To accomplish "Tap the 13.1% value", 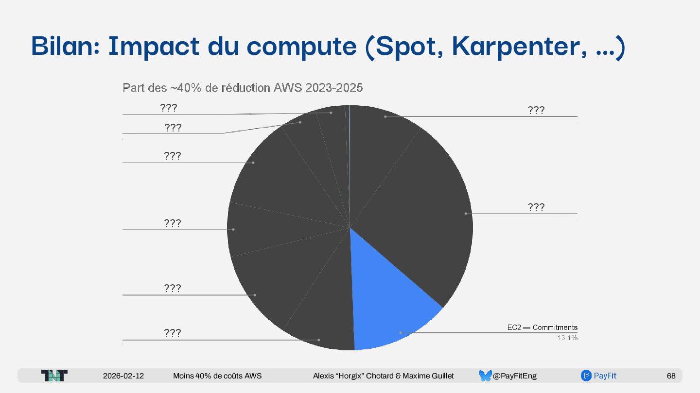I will pos(567,338).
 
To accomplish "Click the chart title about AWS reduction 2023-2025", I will pos(243,88).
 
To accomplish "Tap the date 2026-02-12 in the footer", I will pos(123,376).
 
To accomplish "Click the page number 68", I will pos(671,376).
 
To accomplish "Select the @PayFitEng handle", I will pos(514,376).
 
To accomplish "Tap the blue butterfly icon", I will pos(485,376).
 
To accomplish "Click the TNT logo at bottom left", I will pos(54,376).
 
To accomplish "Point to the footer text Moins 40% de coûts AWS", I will pos(217,376).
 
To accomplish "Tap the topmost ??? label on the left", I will pos(169,108).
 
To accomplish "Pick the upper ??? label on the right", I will pos(536,111).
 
